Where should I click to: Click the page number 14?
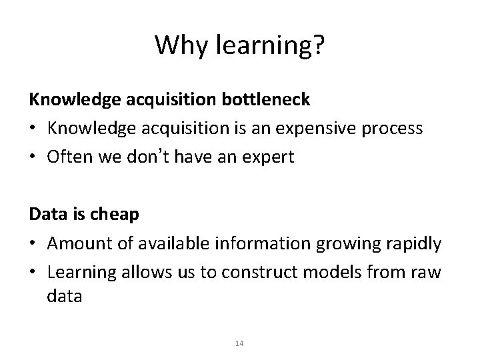pyautogui.click(x=240, y=343)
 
